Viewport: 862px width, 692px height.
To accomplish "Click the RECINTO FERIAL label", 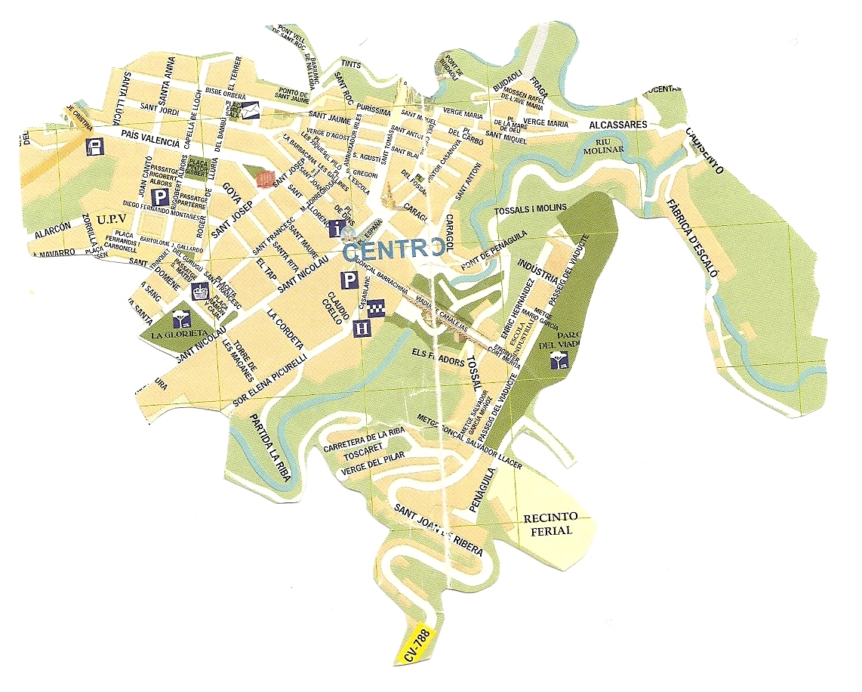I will click(550, 523).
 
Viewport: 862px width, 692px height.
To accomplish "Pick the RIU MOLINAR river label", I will click(612, 145).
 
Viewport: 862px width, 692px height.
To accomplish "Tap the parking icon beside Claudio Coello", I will click(349, 280).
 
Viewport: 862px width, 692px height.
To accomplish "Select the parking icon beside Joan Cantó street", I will click(161, 197).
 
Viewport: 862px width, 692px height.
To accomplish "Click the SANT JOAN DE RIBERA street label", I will click(439, 532).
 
